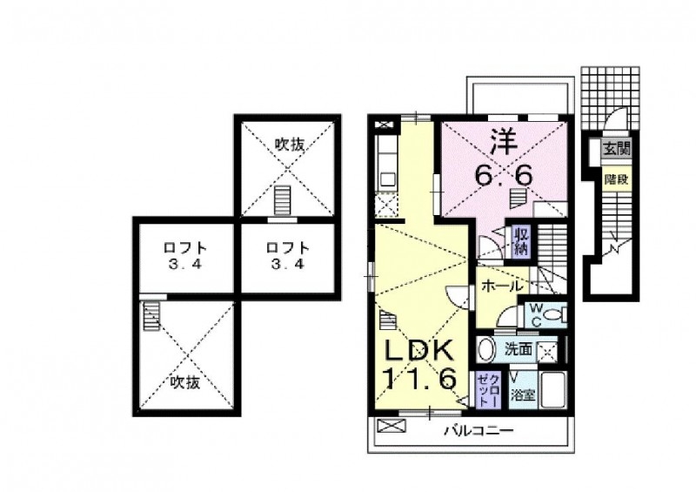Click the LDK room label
tap(420, 351)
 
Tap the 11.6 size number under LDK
tap(420, 379)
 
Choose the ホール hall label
tap(502, 286)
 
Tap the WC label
tap(534, 313)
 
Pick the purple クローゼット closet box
tap(485, 390)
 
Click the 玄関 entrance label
tap(616, 150)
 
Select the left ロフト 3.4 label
tap(184, 253)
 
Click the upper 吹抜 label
tap(290, 145)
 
